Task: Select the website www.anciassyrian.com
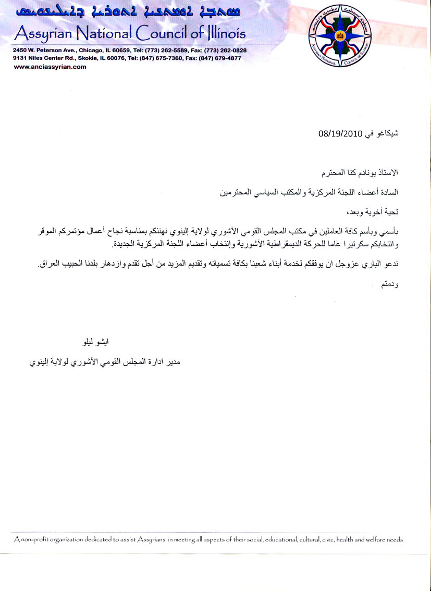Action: [50, 67]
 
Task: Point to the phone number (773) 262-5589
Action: [168, 51]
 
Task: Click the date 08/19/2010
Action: [339, 133]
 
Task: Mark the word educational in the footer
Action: [278, 539]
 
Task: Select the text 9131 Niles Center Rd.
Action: [44, 58]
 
